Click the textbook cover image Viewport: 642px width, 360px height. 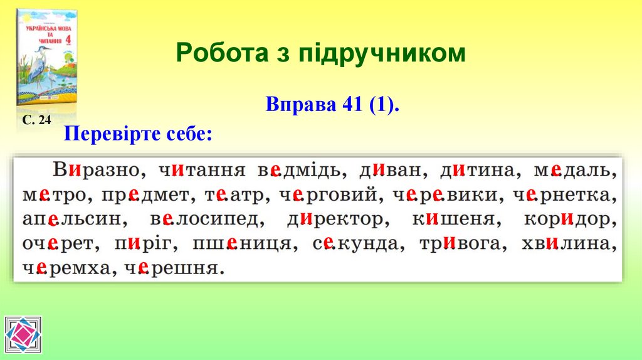click(47, 58)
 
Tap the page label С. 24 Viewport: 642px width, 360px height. click(36, 120)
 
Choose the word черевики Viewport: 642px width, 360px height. click(447, 196)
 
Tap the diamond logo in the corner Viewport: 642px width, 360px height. click(23, 335)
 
